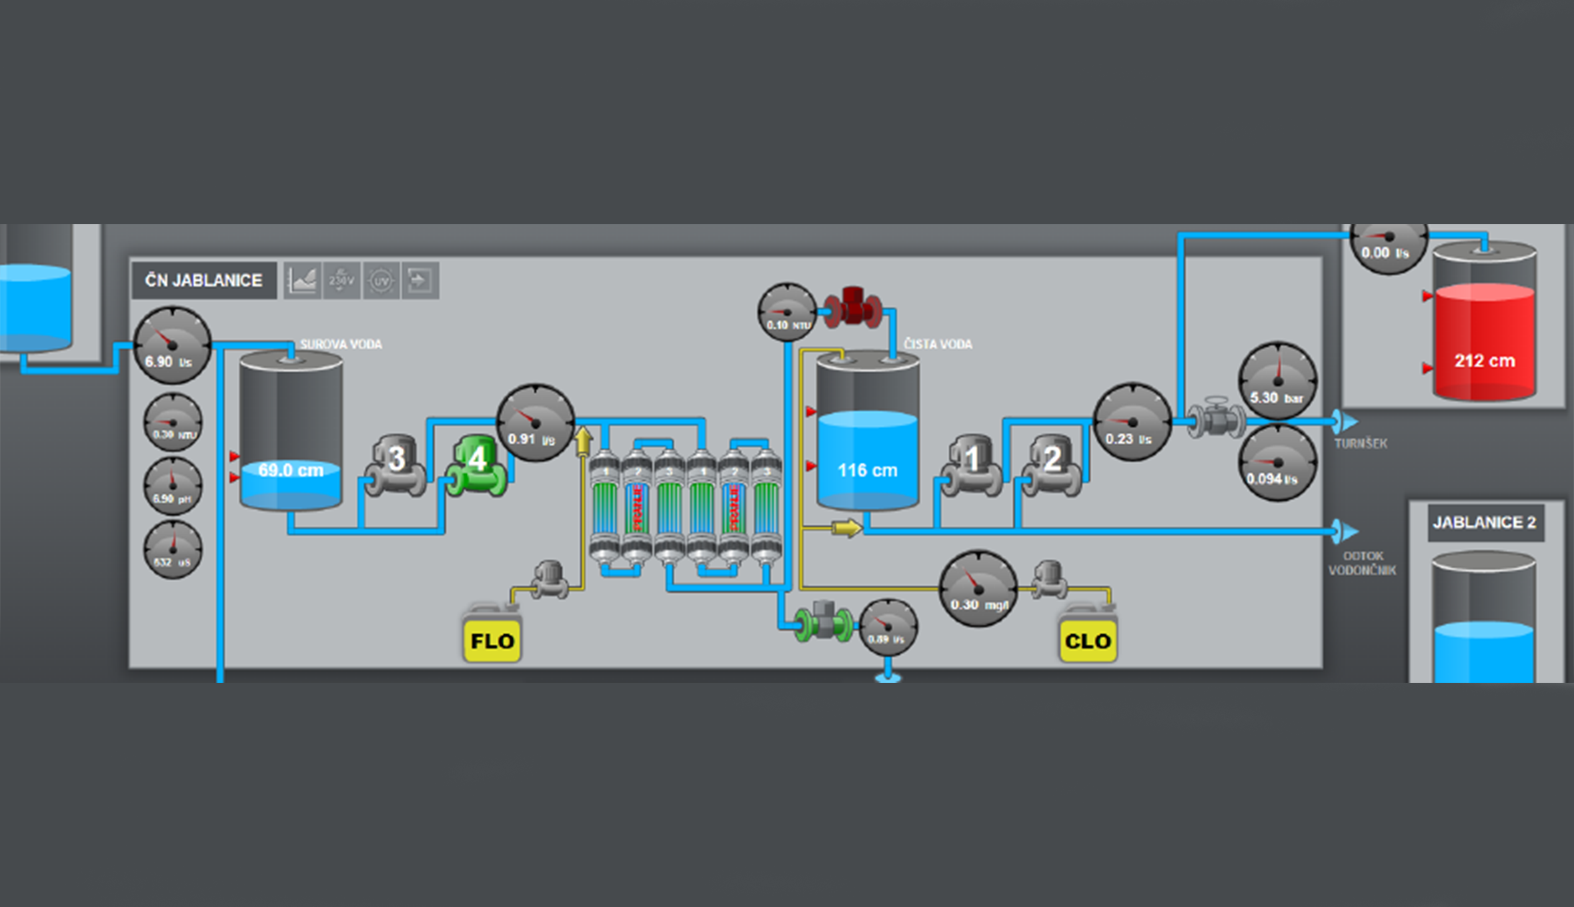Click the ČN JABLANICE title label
(x=204, y=280)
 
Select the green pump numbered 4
(x=476, y=466)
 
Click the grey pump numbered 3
(x=396, y=466)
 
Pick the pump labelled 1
(x=971, y=466)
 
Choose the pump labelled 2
(x=1051, y=466)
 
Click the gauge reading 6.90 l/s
(x=173, y=345)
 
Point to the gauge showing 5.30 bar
(x=1277, y=381)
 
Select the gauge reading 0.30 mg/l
(x=978, y=589)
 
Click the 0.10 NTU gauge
(x=787, y=312)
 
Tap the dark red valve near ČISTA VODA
(x=853, y=308)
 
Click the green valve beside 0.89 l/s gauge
(x=824, y=622)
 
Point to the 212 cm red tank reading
(x=1485, y=361)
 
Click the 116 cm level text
(x=867, y=470)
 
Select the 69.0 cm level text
(x=291, y=470)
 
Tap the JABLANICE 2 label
(x=1485, y=522)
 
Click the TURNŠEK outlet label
(x=1361, y=443)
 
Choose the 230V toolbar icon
(x=341, y=280)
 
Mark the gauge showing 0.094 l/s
(x=1277, y=464)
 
